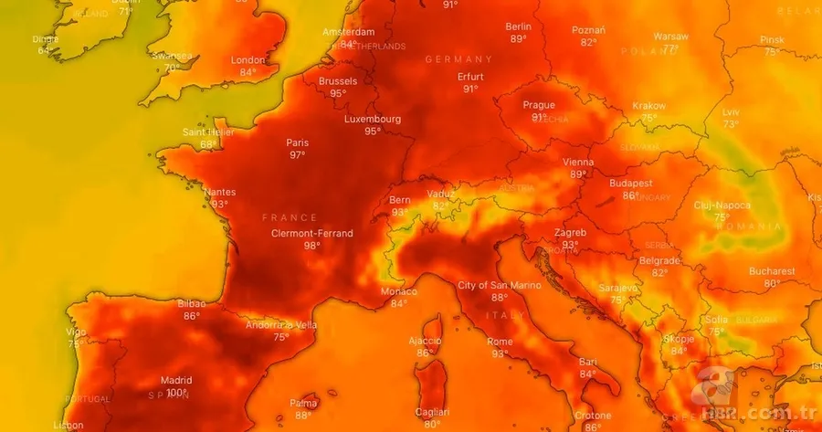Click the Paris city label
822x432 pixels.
point(297,142)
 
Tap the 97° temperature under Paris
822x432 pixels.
point(297,155)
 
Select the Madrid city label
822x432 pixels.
point(176,380)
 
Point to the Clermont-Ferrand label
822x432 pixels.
point(311,233)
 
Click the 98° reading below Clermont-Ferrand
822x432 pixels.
point(311,246)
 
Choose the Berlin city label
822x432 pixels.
point(518,26)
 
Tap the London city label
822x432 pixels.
point(248,60)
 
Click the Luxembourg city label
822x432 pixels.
point(373,119)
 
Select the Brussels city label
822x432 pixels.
point(338,81)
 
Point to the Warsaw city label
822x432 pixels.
point(670,37)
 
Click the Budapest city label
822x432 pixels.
point(630,183)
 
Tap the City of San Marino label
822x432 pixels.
point(499,285)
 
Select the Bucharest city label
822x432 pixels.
point(772,271)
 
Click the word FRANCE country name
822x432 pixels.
point(290,217)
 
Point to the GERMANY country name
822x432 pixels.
point(458,59)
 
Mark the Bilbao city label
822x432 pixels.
point(191,303)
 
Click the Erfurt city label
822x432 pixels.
point(470,77)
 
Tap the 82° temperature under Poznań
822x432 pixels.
point(588,42)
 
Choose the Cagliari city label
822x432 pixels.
point(431,412)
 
